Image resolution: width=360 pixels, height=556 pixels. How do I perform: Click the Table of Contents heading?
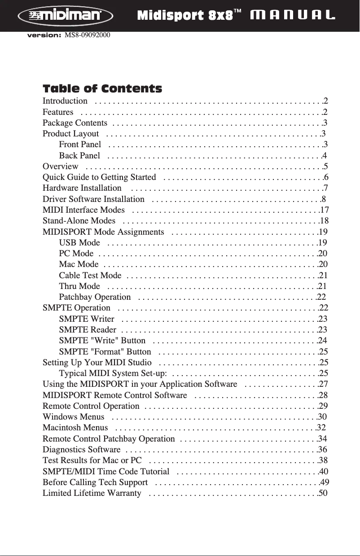click(x=102, y=88)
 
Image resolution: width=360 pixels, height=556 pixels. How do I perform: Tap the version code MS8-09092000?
click(x=88, y=35)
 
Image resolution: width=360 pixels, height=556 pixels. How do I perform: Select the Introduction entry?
click(x=65, y=101)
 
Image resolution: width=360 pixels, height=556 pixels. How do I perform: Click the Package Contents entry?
click(x=75, y=123)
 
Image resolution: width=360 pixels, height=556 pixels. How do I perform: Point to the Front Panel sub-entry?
click(x=80, y=144)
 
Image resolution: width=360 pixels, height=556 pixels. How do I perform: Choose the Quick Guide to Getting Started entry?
click(x=99, y=177)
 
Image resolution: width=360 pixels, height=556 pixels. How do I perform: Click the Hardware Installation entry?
click(x=82, y=188)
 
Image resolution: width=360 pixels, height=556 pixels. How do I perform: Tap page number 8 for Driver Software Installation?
click(x=324, y=199)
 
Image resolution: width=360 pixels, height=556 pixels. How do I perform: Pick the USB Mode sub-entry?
click(x=79, y=243)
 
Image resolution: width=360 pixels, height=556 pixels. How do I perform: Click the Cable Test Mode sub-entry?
click(x=90, y=275)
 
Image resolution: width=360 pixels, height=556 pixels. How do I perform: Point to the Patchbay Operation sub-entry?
click(x=95, y=297)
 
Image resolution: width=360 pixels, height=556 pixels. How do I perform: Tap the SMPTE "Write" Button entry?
click(x=102, y=340)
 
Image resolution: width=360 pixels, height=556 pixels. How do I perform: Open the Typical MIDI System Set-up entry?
click(x=113, y=373)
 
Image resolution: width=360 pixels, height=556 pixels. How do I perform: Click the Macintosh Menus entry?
click(x=75, y=427)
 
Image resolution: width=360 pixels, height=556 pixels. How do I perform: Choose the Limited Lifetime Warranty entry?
click(x=92, y=493)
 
